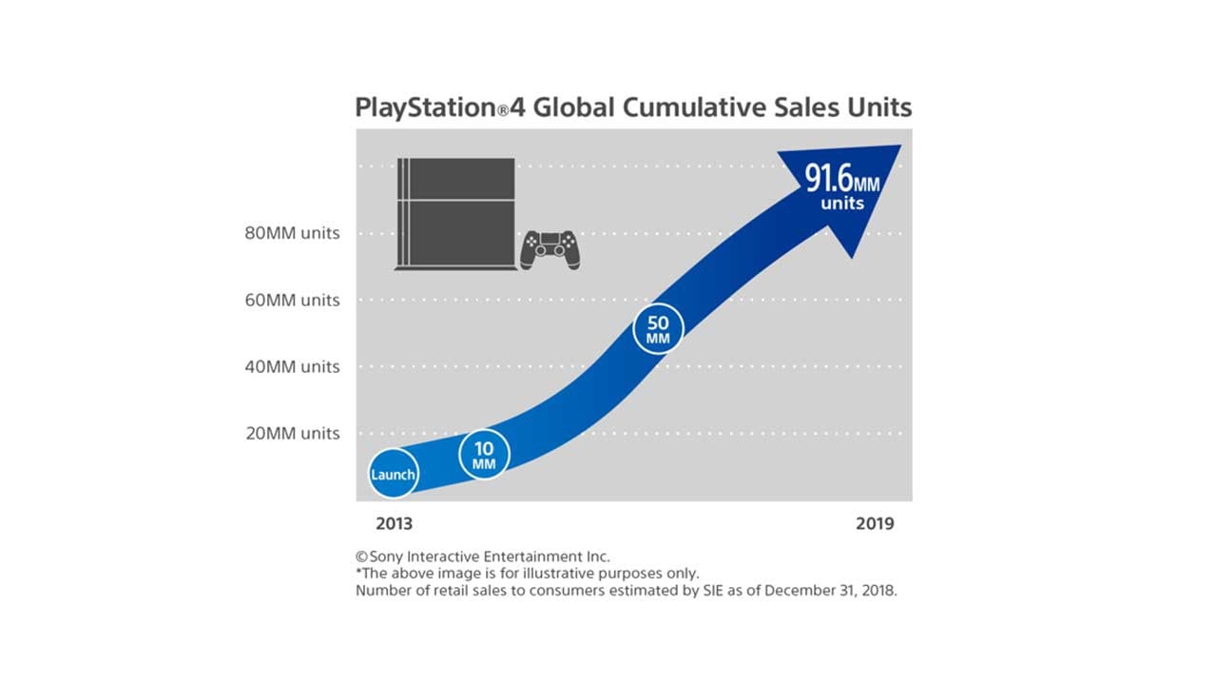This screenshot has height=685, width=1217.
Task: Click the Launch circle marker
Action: (x=393, y=473)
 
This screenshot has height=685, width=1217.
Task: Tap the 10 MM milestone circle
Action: (x=484, y=454)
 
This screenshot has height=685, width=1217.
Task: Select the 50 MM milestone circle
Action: (x=658, y=328)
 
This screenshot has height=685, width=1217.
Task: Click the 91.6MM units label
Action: (x=842, y=188)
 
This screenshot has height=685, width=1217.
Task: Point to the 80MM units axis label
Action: (x=292, y=233)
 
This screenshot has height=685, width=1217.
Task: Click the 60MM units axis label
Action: (x=292, y=300)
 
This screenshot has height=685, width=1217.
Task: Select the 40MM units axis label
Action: (x=292, y=366)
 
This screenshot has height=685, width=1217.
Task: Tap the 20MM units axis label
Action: (x=292, y=433)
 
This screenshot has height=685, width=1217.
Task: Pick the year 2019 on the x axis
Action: (x=875, y=524)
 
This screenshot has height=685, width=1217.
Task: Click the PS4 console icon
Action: (x=455, y=214)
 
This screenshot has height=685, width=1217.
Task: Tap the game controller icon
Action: (x=550, y=249)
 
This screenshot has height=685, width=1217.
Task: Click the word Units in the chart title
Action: (x=879, y=108)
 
